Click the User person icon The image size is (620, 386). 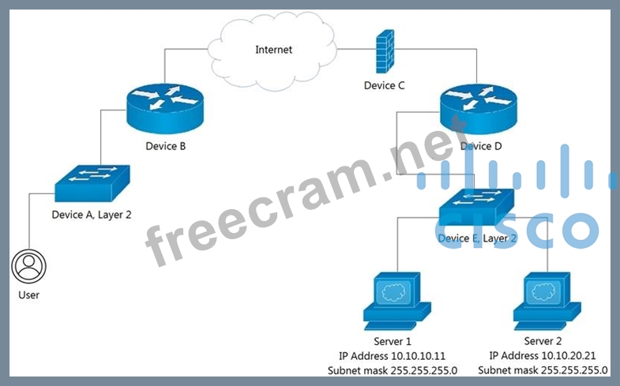point(28,267)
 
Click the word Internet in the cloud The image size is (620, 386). point(273,50)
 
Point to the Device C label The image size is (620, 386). point(385,85)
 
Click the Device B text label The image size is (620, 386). point(165,146)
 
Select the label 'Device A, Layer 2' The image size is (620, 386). point(92,214)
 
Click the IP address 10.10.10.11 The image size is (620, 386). point(396,356)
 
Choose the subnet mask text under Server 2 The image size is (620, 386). point(543,370)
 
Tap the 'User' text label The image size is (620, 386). point(28,295)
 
